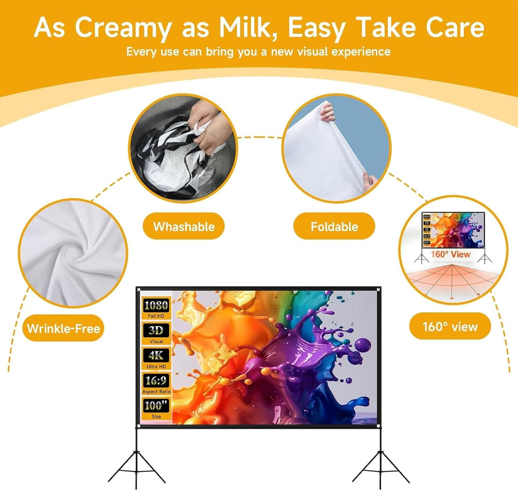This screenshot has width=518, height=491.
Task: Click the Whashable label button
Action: [184, 226]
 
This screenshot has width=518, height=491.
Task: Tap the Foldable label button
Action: [334, 226]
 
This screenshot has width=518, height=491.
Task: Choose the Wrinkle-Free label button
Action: [63, 328]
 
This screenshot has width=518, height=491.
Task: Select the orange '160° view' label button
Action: [450, 326]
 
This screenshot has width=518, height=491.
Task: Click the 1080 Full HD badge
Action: [156, 308]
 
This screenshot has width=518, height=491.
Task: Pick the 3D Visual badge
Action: [156, 333]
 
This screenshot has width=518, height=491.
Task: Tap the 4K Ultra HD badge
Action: [156, 358]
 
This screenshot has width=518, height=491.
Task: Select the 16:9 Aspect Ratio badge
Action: [156, 383]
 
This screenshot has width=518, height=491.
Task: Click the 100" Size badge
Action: [156, 409]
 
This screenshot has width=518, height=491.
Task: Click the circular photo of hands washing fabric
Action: [183, 148]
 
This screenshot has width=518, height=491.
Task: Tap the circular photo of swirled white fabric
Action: [73, 253]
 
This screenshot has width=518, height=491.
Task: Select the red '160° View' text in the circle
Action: [451, 254]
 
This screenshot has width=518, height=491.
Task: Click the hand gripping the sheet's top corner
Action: [327, 112]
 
